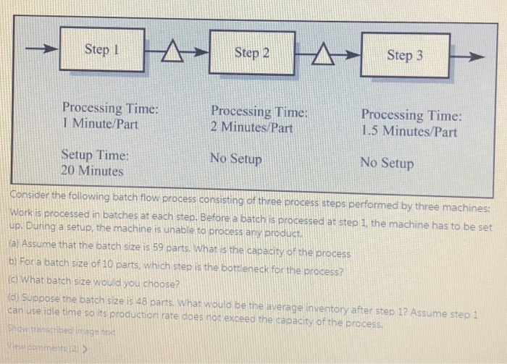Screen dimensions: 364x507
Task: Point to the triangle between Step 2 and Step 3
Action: pos(327,53)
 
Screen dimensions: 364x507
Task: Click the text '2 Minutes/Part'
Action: pos(251,127)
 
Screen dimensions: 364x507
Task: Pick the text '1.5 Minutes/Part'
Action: pos(409,132)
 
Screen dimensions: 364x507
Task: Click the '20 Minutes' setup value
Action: pos(92,172)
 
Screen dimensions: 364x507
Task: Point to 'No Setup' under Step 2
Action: pos(235,158)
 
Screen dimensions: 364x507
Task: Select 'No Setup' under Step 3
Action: pos(387,163)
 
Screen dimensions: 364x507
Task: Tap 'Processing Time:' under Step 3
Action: pos(411,115)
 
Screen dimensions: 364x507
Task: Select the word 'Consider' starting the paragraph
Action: pos(30,196)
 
